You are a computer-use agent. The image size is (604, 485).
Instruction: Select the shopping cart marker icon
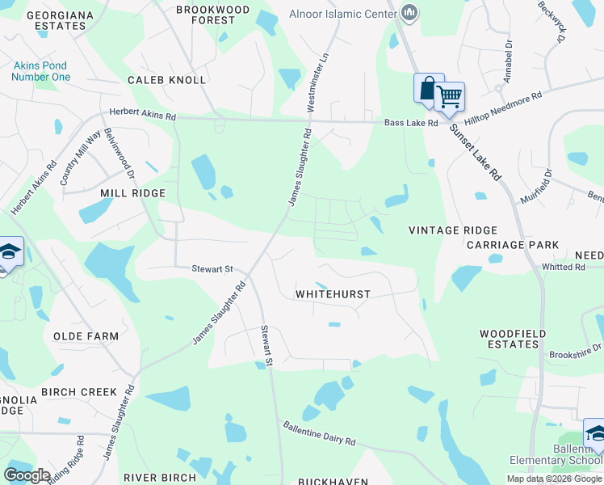[449, 97]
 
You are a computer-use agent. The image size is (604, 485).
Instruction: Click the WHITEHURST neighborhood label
[333, 294]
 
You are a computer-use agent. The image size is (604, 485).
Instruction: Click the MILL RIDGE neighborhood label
[132, 193]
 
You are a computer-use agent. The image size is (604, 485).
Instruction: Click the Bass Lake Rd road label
[410, 123]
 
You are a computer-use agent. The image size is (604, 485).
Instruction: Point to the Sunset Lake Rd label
[476, 152]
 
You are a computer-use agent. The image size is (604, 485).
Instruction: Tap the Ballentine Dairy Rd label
[319, 433]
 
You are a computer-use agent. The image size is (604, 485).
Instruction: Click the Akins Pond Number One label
[40, 71]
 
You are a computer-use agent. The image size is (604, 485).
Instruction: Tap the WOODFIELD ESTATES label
[513, 339]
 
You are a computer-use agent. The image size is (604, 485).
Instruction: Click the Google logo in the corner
[27, 475]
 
